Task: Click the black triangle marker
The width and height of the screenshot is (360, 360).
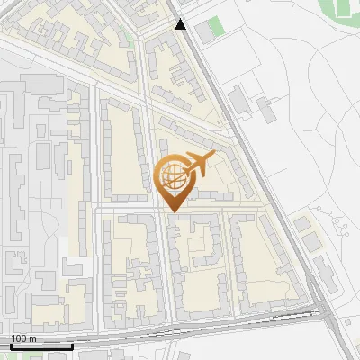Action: pos(181,25)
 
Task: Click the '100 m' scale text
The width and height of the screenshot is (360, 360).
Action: pos(23,338)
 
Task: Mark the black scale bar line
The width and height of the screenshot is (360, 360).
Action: pos(40,346)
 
